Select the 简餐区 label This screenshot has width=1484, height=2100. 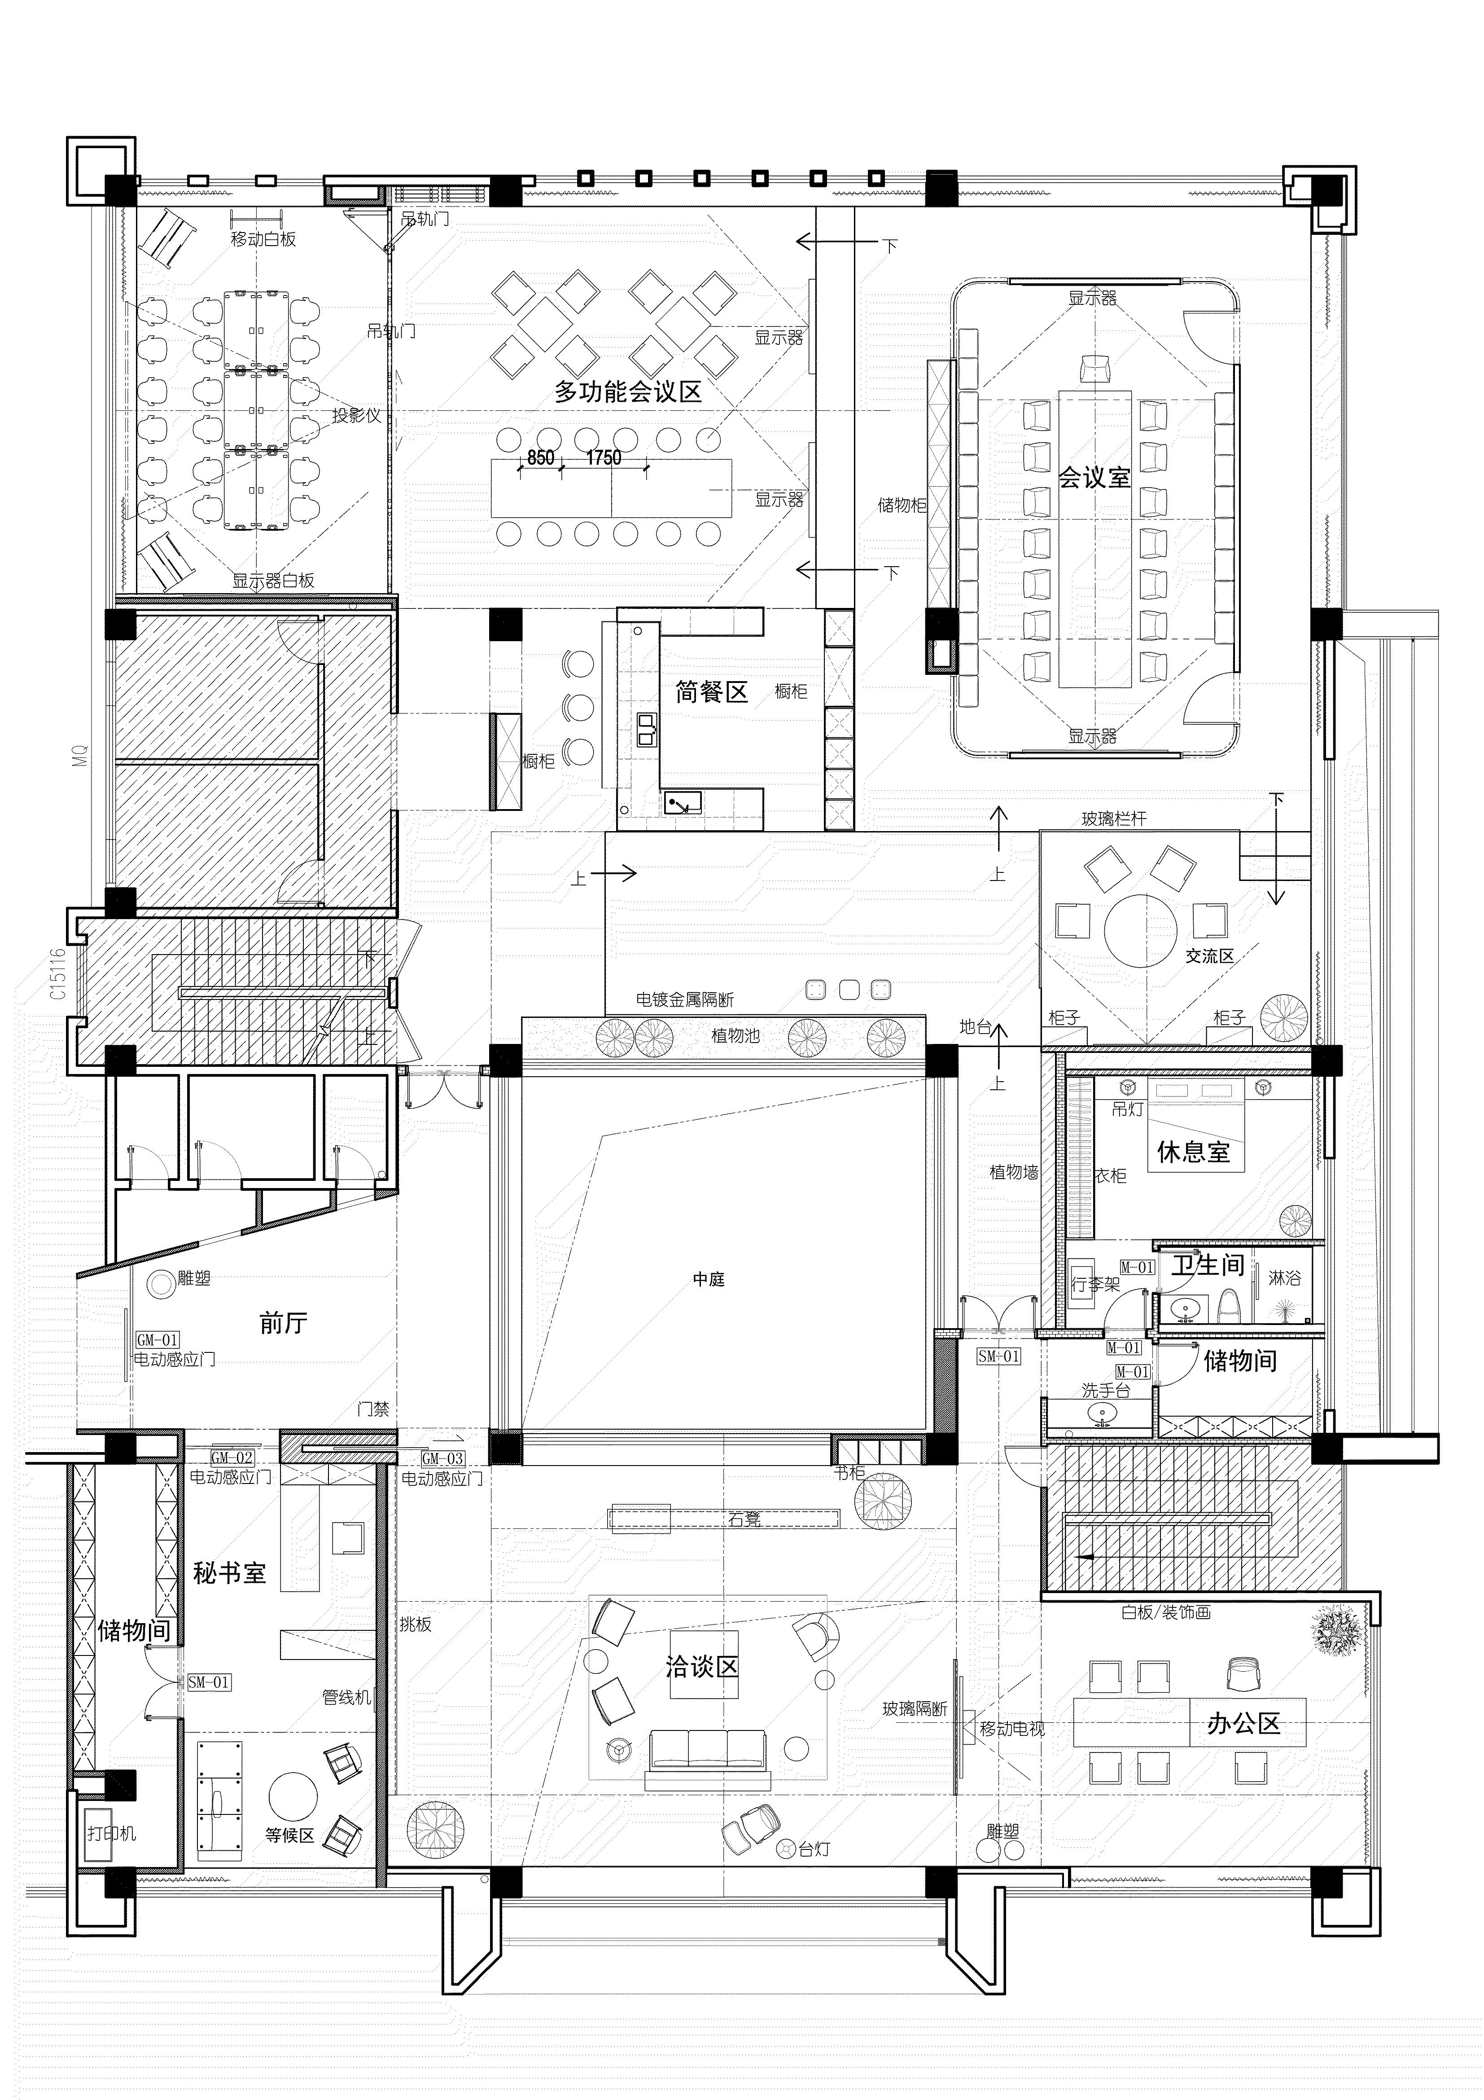(711, 691)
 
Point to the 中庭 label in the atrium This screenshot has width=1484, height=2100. (709, 1280)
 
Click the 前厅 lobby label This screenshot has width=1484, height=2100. (284, 1323)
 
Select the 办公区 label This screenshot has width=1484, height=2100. (1243, 1724)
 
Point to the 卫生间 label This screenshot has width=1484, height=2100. (1208, 1265)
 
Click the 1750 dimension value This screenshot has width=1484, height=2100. (604, 458)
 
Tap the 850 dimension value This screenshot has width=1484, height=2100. (540, 458)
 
